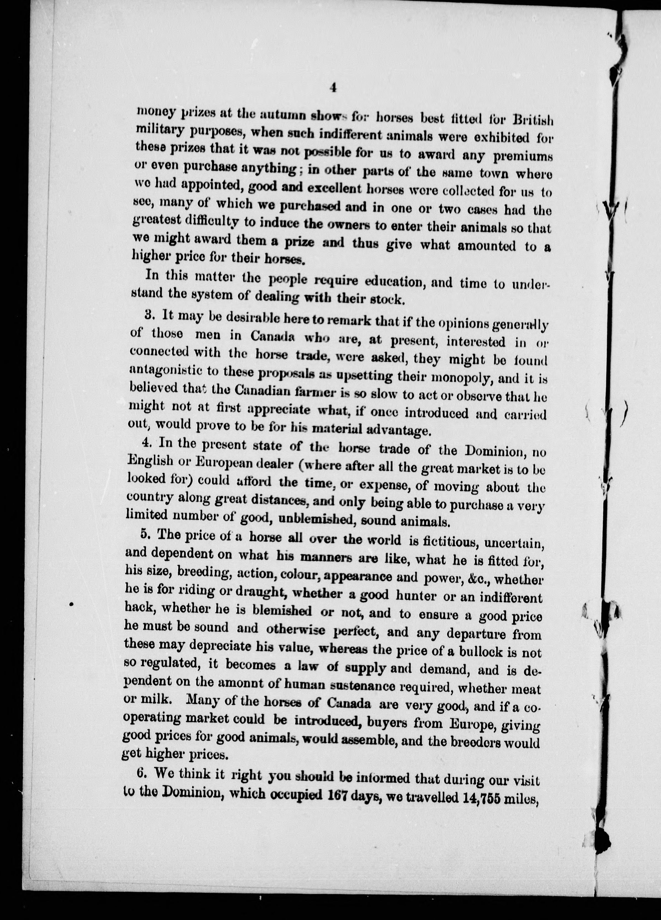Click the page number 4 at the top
point(333,88)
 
